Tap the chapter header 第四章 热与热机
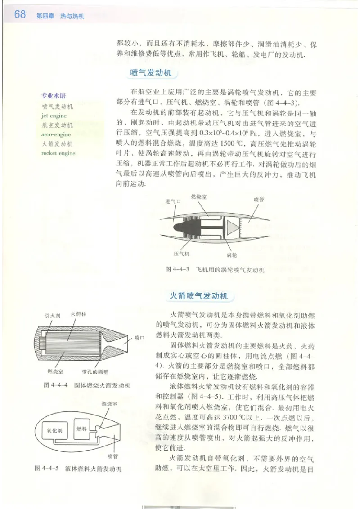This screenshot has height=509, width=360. [x=60, y=16]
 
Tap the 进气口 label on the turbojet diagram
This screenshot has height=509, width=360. [x=173, y=201]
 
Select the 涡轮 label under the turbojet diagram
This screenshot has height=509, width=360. [x=231, y=255]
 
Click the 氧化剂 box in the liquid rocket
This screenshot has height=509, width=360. [x=54, y=429]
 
